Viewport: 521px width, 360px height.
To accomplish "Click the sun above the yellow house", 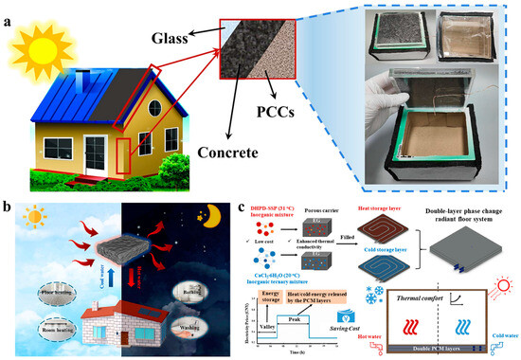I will (33, 35).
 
